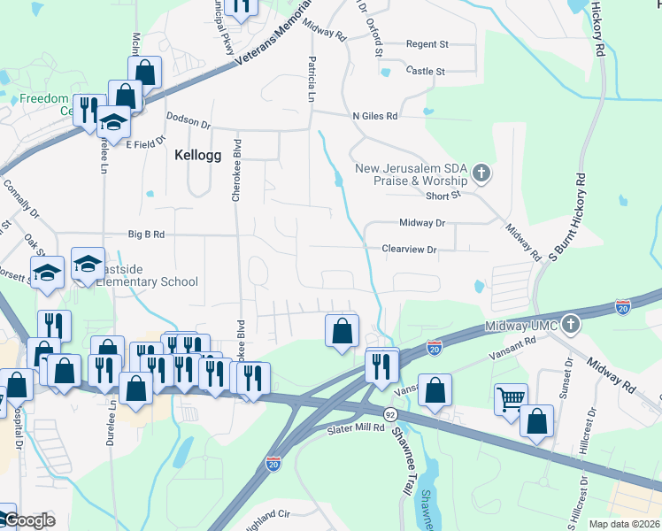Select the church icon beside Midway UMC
point(571,325)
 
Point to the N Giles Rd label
point(374,116)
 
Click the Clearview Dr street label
point(409,250)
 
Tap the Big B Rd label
point(147,235)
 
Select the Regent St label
point(427,44)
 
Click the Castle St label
point(425,71)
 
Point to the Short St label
point(444,196)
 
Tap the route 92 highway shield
point(389,414)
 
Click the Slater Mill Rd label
point(355,428)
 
